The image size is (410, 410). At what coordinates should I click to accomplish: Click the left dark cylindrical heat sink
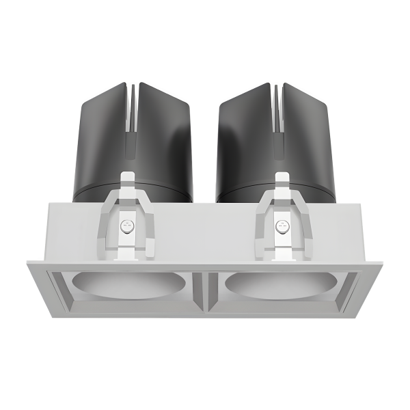[102, 137]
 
